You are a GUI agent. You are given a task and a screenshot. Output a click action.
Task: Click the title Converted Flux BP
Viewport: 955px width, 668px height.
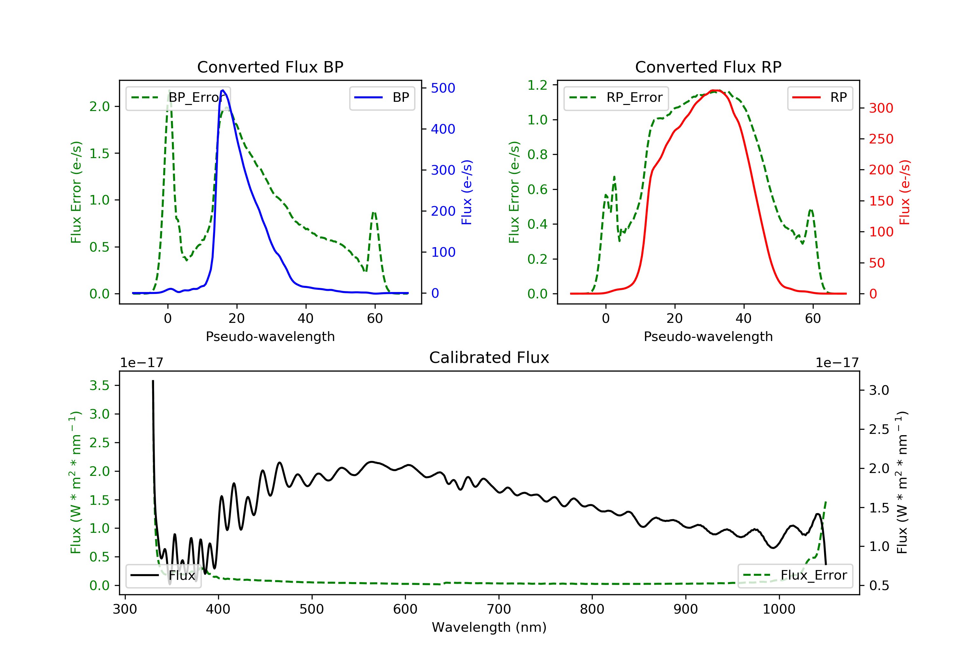point(270,67)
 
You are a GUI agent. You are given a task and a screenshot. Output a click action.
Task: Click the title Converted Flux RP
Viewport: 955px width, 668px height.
point(708,67)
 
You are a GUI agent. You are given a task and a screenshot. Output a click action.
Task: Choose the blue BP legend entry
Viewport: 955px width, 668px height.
point(382,98)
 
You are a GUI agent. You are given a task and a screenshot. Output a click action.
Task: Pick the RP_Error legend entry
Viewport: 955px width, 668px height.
point(616,98)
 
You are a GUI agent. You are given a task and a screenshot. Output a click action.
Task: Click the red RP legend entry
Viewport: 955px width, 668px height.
point(819,98)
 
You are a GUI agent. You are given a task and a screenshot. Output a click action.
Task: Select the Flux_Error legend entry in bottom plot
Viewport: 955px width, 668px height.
point(795,575)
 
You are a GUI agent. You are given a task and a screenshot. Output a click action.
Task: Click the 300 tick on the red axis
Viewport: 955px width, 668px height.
point(881,108)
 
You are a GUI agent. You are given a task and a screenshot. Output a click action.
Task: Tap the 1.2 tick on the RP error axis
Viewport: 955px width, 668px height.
point(537,85)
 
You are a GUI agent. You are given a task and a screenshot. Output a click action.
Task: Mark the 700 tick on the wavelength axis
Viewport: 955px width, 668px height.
point(499,609)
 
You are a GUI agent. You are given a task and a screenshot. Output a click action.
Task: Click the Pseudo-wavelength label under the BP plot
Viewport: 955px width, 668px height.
point(270,337)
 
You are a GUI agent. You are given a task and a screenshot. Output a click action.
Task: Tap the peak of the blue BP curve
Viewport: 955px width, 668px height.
point(223,90)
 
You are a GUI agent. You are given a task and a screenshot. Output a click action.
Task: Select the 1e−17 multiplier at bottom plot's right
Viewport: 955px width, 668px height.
point(837,363)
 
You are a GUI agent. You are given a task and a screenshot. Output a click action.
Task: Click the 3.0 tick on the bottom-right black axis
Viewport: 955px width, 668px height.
point(879,390)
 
